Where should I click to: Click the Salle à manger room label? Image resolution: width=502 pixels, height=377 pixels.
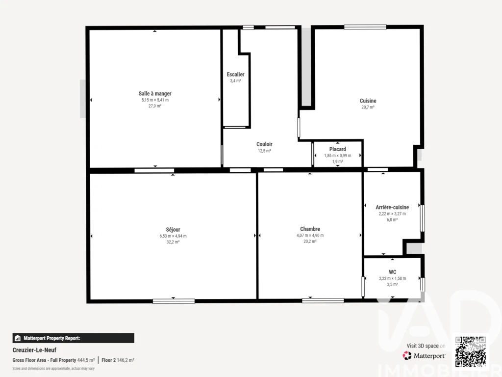point(155,94)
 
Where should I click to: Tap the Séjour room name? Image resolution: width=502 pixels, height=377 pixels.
point(173,230)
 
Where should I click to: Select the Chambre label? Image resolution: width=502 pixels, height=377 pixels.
point(310,229)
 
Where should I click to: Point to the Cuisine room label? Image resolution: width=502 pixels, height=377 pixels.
point(368,101)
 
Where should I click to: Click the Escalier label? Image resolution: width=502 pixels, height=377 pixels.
point(235,75)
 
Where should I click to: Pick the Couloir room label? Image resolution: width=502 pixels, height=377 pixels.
point(264,144)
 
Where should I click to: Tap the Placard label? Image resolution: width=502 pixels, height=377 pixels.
point(338,149)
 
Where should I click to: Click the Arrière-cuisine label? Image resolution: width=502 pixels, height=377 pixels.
point(392,208)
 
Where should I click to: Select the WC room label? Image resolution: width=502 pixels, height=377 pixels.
point(393,272)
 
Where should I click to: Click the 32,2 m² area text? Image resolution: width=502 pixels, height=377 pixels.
point(173,242)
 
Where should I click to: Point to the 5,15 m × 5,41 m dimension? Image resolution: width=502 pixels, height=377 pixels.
point(155,100)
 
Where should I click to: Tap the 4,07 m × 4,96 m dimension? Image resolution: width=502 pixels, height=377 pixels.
point(310,235)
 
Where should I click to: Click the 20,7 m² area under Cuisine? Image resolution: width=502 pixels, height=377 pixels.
point(368,108)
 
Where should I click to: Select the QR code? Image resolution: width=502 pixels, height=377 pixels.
point(471,351)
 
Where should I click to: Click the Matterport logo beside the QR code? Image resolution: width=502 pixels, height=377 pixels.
point(424,355)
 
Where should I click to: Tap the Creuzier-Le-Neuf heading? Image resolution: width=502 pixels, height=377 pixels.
point(34,350)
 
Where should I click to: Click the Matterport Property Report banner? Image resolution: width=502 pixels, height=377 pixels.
point(74,338)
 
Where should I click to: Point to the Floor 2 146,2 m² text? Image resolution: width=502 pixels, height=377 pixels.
point(118,360)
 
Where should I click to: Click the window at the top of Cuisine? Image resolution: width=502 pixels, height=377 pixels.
point(365,27)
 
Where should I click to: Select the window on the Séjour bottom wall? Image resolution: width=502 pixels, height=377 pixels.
point(174,301)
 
